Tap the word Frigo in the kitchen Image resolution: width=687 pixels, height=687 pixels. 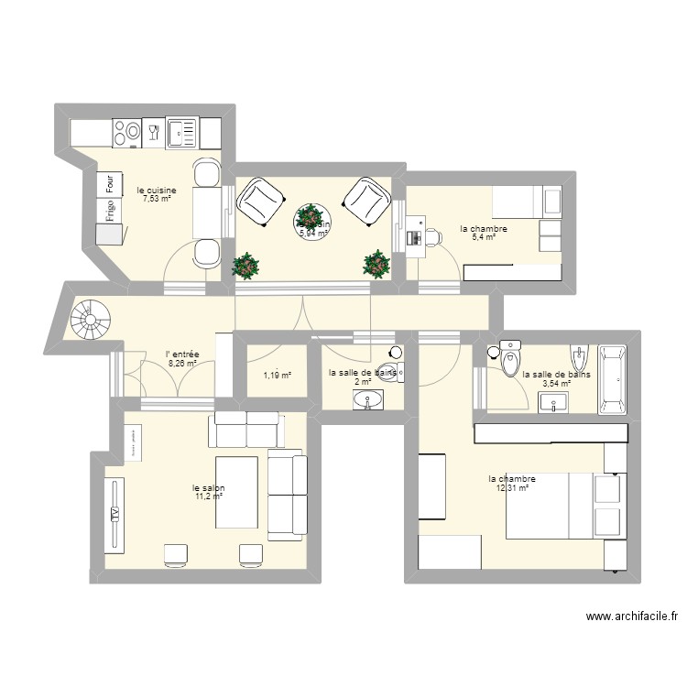(110, 212)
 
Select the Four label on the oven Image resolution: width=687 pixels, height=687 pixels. (110, 183)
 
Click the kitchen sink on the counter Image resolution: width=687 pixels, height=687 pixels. (183, 134)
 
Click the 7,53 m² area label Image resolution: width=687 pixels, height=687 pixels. (157, 199)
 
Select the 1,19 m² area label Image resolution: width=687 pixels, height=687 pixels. (277, 375)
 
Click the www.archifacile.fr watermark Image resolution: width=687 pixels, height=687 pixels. (632, 617)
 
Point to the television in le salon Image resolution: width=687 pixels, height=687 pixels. (114, 516)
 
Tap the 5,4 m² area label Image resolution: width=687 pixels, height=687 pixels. (484, 237)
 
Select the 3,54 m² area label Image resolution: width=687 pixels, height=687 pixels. (557, 383)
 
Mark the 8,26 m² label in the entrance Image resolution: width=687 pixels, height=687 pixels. (182, 363)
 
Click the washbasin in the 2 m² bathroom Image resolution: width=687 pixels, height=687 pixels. (369, 398)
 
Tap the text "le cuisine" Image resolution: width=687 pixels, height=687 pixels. (157, 191)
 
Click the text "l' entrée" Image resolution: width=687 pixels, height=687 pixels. (182, 354)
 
